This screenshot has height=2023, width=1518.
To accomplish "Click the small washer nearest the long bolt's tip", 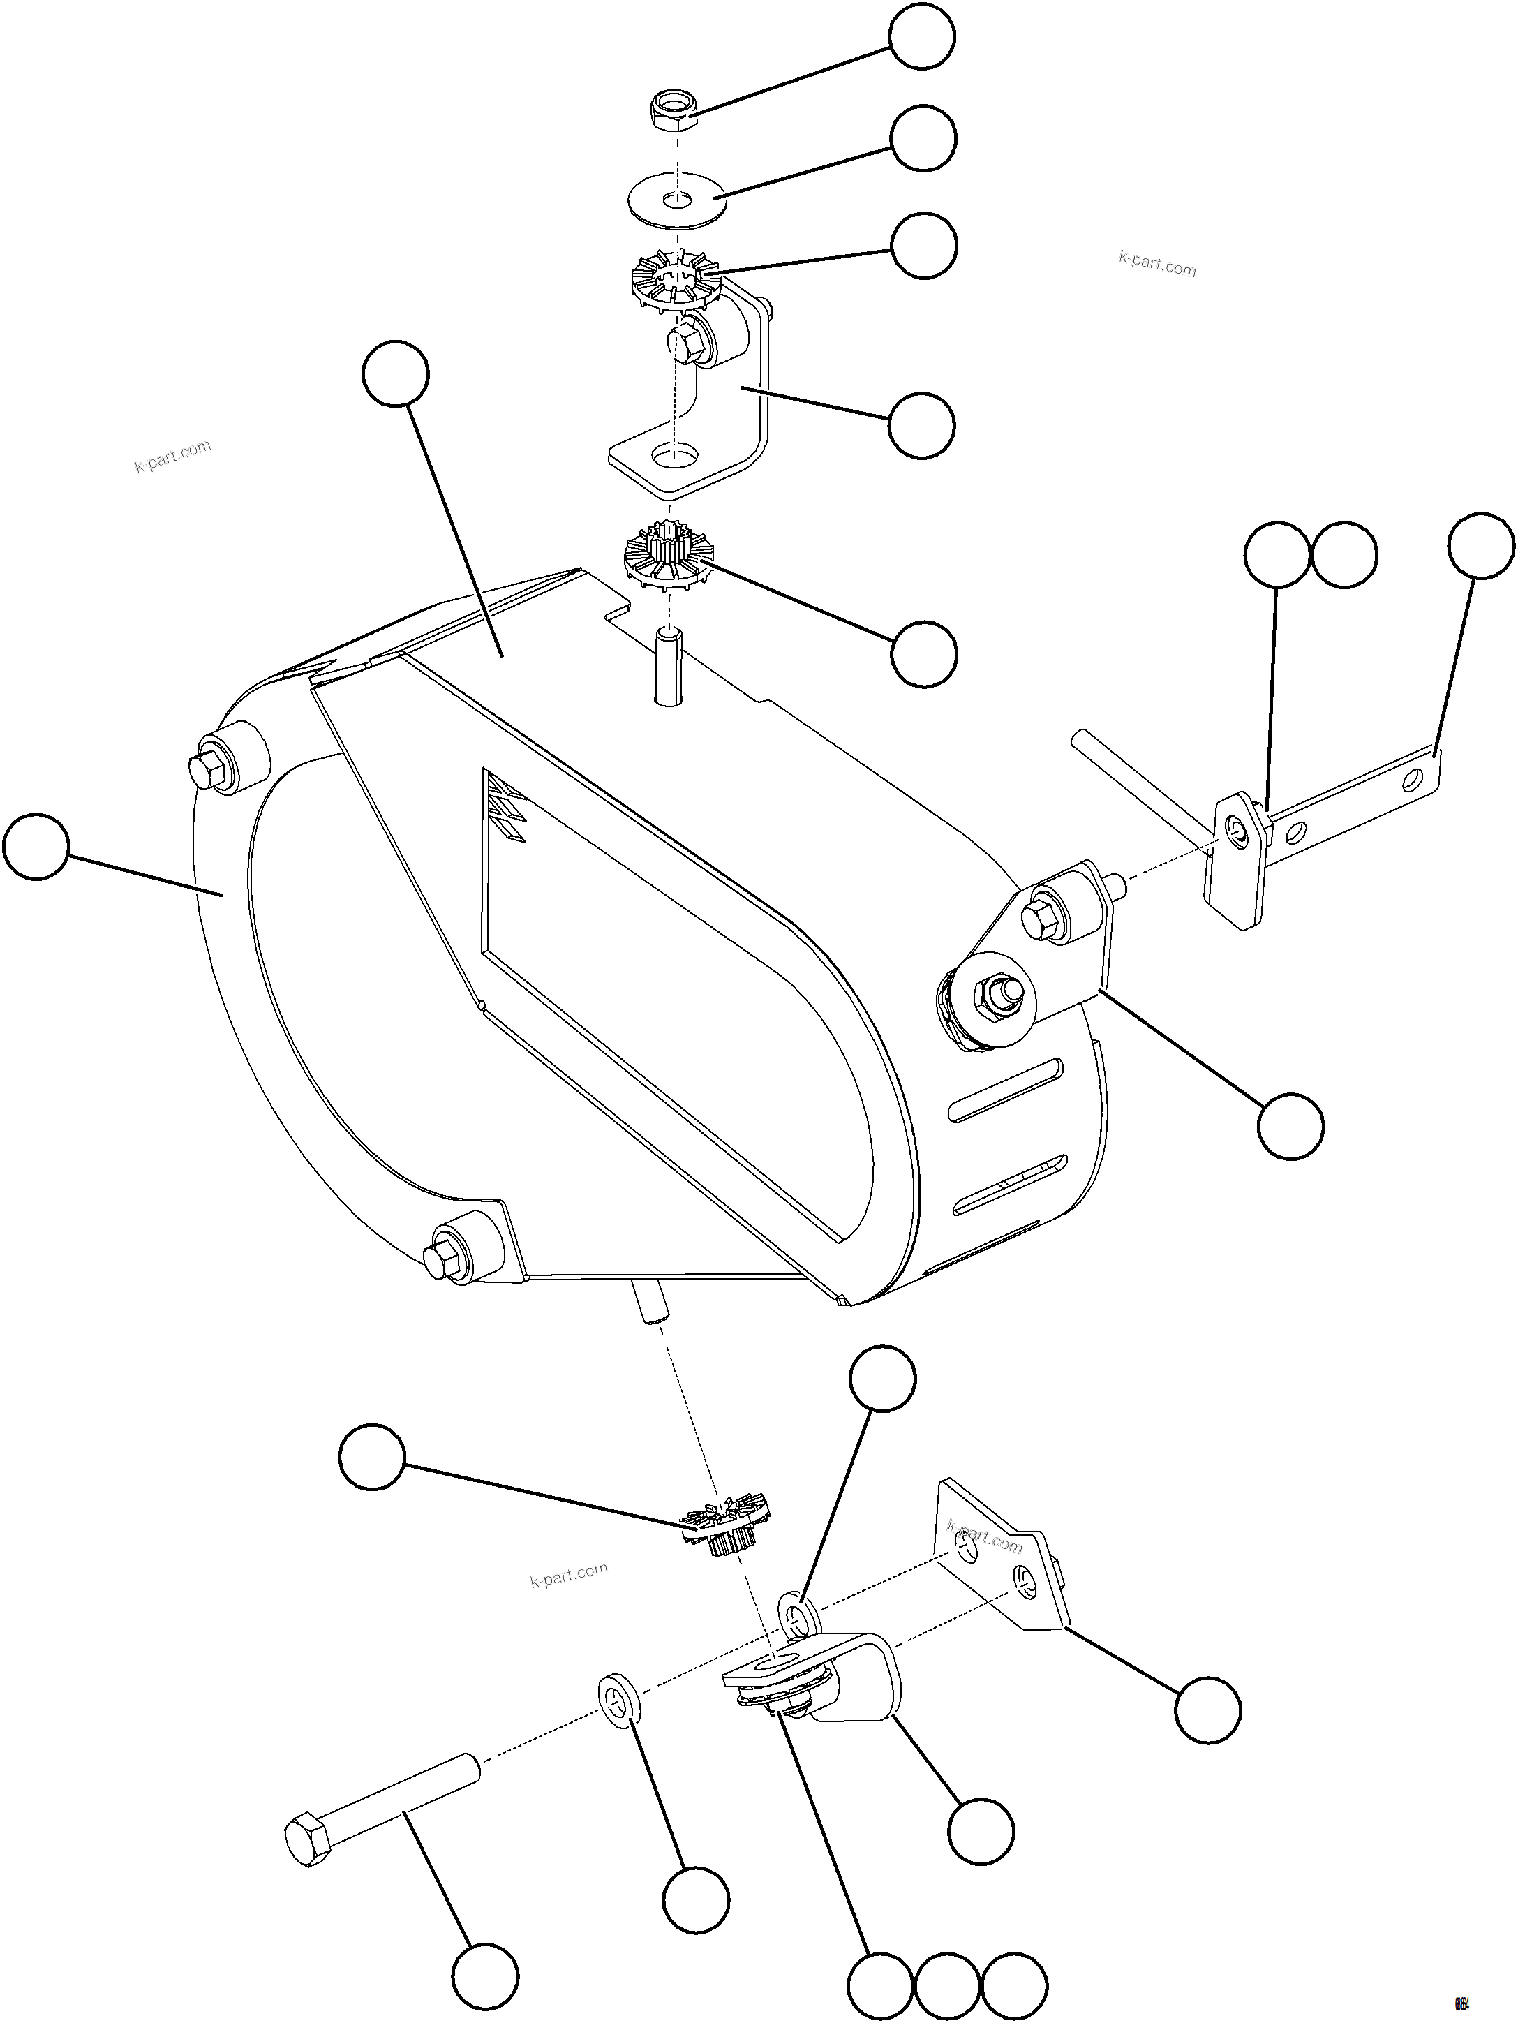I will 619,1698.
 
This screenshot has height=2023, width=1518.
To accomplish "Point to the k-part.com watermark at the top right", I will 1156,265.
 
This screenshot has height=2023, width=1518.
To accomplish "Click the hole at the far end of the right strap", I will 1414,778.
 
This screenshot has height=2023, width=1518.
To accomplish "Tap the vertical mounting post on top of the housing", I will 670,665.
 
